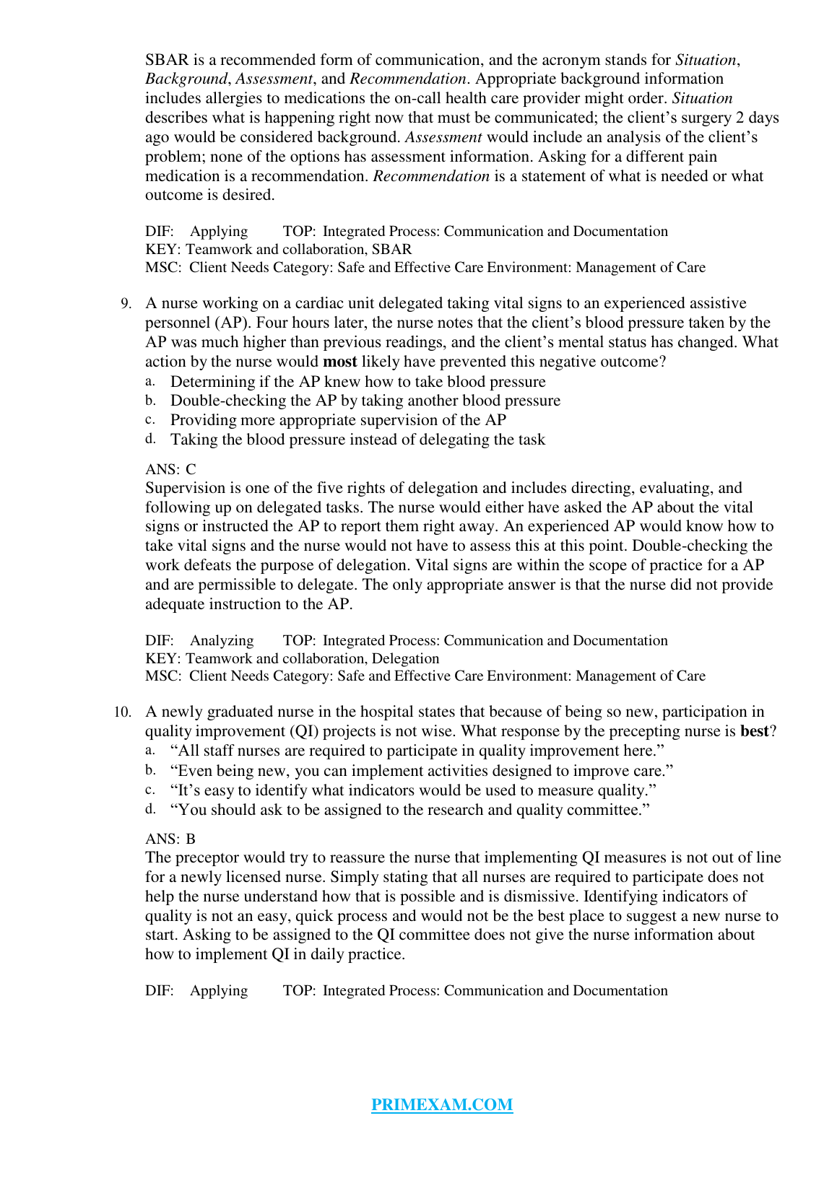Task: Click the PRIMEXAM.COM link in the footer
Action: pyautogui.click(x=442, y=1104)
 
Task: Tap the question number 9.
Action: pyautogui.click(x=126, y=304)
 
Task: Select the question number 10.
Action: pyautogui.click(x=123, y=712)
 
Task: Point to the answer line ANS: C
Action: pyautogui.click(x=170, y=469)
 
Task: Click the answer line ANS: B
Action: pyautogui.click(x=170, y=839)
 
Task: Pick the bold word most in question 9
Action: pyautogui.click(x=339, y=362)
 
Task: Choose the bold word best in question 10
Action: pyautogui.click(x=754, y=731)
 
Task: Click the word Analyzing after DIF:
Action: pyautogui.click(x=222, y=640)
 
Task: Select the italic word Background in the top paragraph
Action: pyautogui.click(x=186, y=79)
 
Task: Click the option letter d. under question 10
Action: pyautogui.click(x=150, y=809)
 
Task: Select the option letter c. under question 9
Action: pyautogui.click(x=150, y=419)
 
